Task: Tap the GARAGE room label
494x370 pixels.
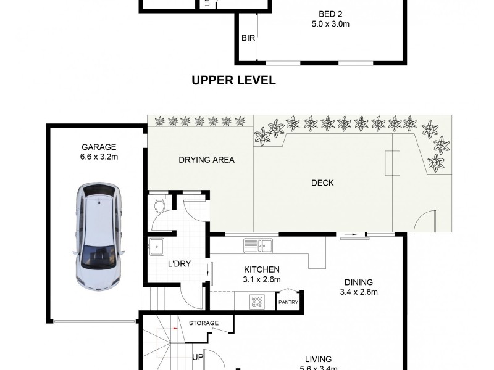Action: pyautogui.click(x=99, y=147)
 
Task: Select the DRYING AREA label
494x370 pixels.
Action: pyautogui.click(x=206, y=160)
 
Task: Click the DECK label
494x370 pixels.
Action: pyautogui.click(x=322, y=183)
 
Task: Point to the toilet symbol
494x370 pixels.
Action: pyautogui.click(x=159, y=205)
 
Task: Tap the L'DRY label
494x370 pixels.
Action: pyautogui.click(x=179, y=264)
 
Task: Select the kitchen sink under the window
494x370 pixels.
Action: pyautogui.click(x=258, y=245)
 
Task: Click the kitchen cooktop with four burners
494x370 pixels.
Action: pyautogui.click(x=257, y=302)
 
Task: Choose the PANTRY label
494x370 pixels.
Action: pyautogui.click(x=288, y=302)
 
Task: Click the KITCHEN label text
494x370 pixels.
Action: pyautogui.click(x=262, y=269)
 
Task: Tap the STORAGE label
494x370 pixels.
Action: pyautogui.click(x=204, y=323)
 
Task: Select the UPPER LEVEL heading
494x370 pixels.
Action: pyautogui.click(x=233, y=80)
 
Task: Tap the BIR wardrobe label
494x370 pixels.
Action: pyautogui.click(x=248, y=38)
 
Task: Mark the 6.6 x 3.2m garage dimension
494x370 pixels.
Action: pyautogui.click(x=99, y=157)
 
